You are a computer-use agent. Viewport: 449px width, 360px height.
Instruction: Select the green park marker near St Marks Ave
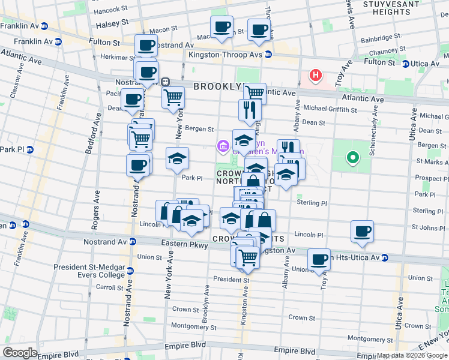(x=353, y=158)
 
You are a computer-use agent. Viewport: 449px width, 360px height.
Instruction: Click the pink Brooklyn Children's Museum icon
(x=222, y=145)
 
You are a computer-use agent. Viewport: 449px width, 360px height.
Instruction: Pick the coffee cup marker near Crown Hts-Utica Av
(x=319, y=259)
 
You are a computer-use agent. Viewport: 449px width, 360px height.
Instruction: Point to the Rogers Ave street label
(x=95, y=210)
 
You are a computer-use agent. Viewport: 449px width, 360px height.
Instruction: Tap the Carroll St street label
(x=110, y=287)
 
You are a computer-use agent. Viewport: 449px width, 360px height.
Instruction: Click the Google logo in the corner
(x=20, y=353)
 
